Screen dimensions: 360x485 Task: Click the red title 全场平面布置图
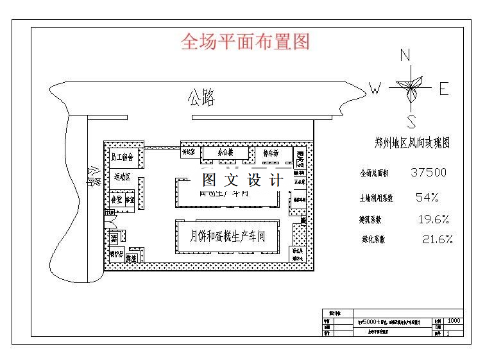[x=246, y=42]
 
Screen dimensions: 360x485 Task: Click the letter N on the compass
[x=405, y=55]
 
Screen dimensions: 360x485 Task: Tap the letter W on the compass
[x=375, y=89]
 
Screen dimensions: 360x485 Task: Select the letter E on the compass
[x=443, y=89]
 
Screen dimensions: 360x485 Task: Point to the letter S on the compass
[x=412, y=122]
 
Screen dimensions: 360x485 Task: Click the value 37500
[x=429, y=173]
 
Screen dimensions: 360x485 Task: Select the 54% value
[x=427, y=196]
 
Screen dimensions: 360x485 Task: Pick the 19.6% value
[x=433, y=219]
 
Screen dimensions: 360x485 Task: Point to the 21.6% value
[x=438, y=240]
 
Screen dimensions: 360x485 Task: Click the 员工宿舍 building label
[x=122, y=157]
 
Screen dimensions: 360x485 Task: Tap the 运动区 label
[x=121, y=176]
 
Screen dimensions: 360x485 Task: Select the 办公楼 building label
[x=225, y=153]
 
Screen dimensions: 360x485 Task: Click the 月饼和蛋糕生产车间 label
[x=228, y=236]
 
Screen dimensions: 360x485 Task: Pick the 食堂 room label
[x=116, y=200]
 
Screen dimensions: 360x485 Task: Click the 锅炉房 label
[x=116, y=254]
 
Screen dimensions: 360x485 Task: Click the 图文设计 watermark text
[x=242, y=180]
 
